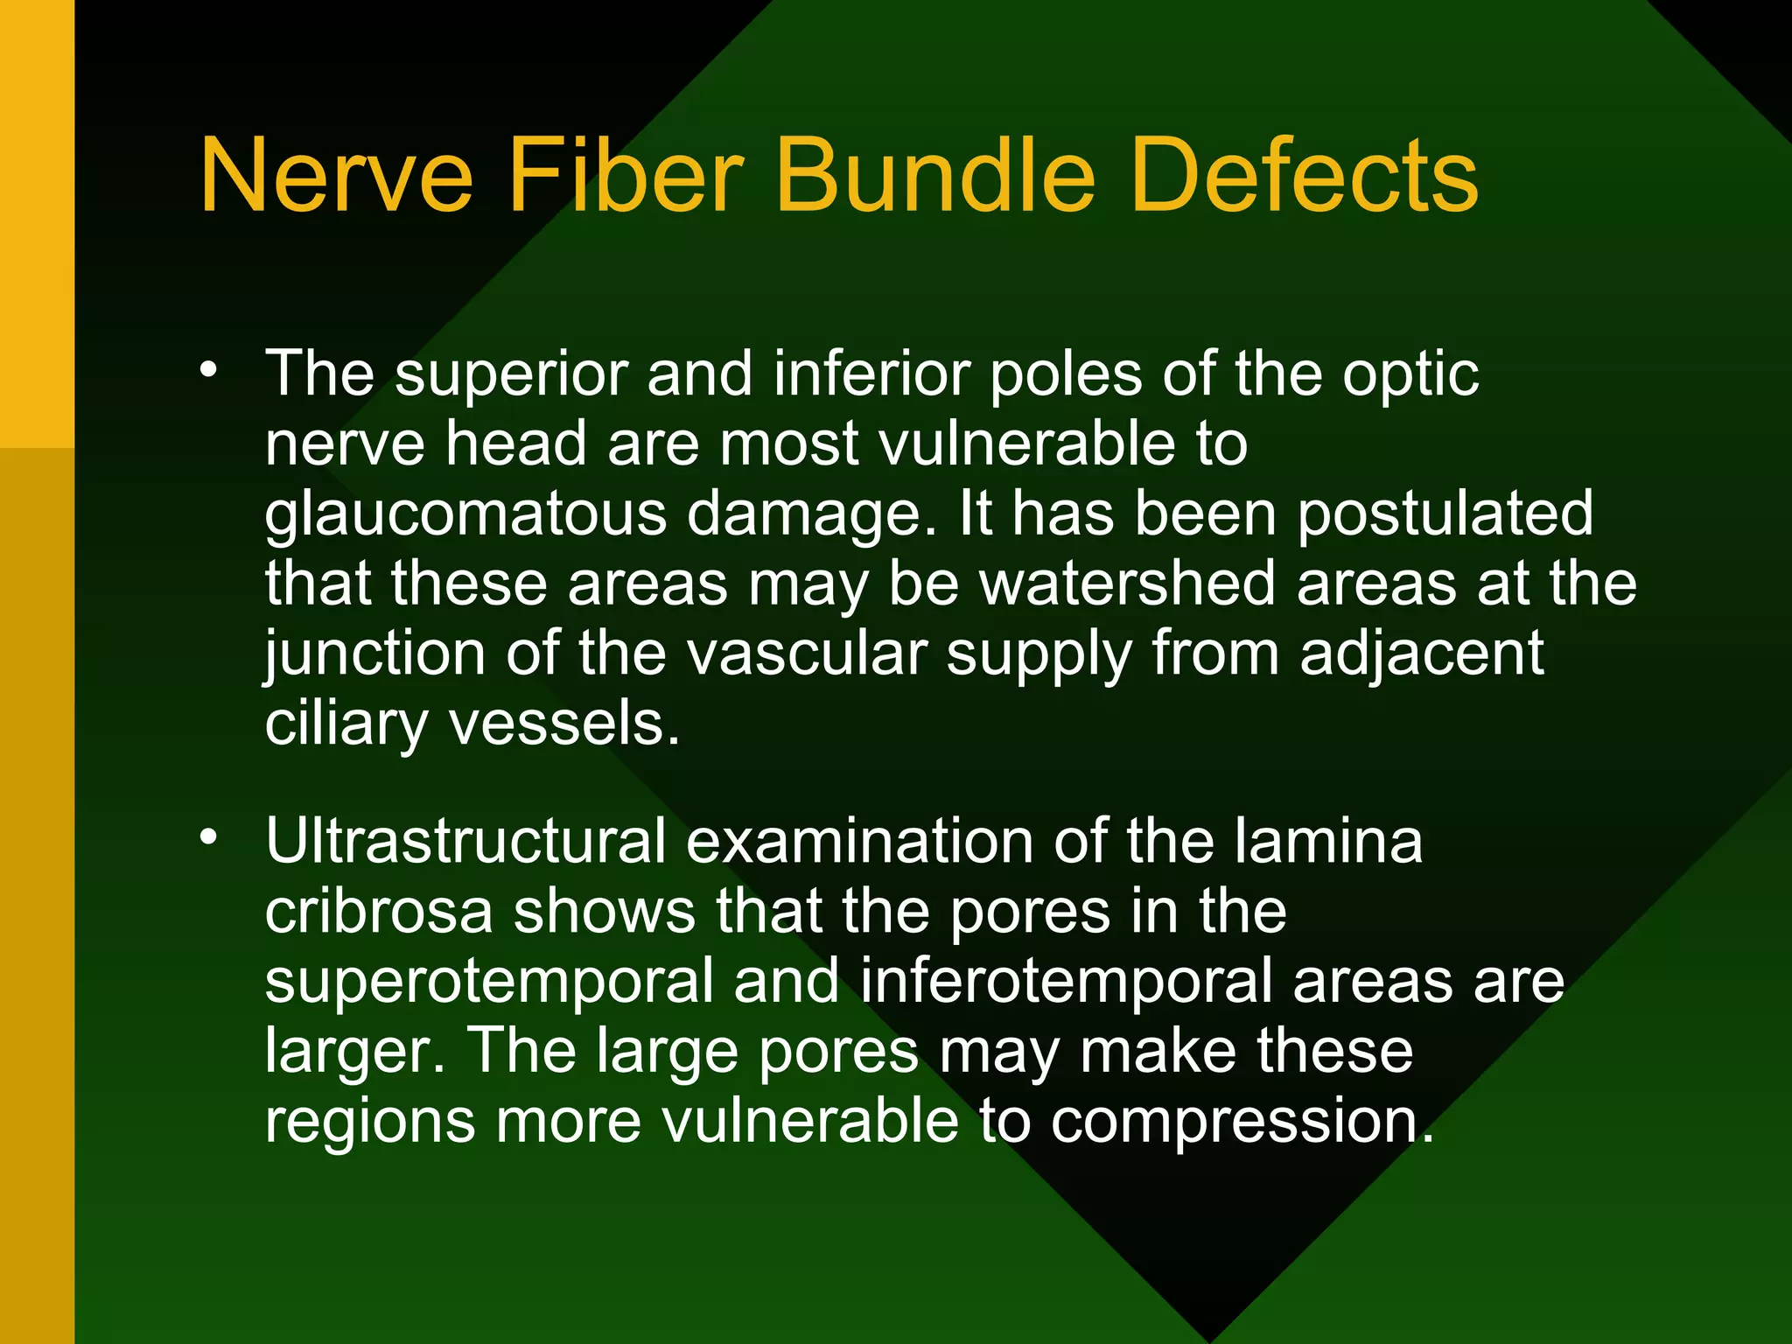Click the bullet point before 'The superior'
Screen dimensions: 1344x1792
click(x=208, y=370)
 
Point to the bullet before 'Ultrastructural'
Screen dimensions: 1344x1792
click(x=208, y=837)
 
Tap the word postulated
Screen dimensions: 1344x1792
click(x=1445, y=514)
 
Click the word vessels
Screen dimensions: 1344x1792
click(x=563, y=724)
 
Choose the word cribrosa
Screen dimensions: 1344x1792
click(x=379, y=911)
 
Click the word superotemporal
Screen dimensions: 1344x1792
click(x=489, y=983)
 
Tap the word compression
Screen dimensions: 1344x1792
click(x=1242, y=1123)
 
